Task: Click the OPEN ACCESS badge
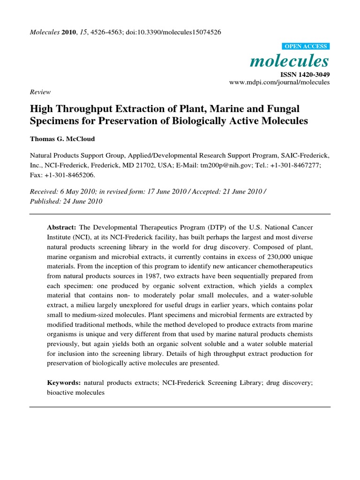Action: pyautogui.click(x=306, y=46)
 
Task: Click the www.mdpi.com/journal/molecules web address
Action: pyautogui.click(x=279, y=82)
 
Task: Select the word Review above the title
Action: pyautogui.click(x=40, y=92)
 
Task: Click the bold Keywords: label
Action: pyautogui.click(x=64, y=383)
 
